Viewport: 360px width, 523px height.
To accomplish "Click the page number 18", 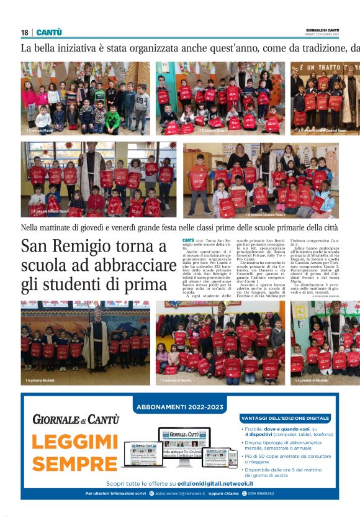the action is click(24, 32).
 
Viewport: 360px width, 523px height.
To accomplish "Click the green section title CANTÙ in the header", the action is click(49, 32).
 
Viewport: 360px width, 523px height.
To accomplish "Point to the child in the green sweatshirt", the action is click(112, 118).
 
